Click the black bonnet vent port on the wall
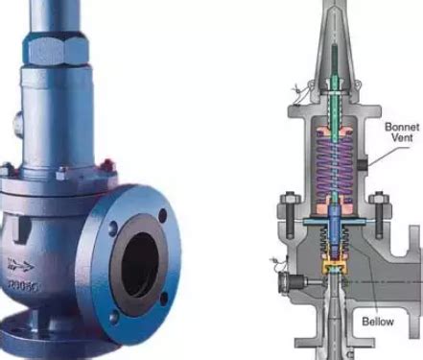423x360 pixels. (x=363, y=165)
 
